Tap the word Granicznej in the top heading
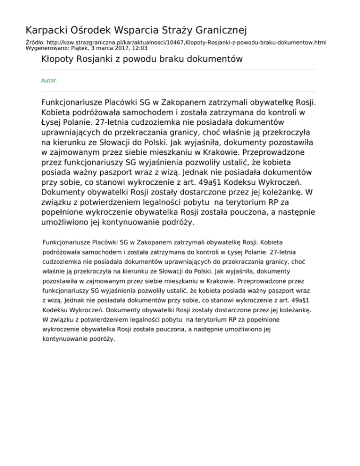click(218, 31)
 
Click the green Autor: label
click(50, 81)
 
